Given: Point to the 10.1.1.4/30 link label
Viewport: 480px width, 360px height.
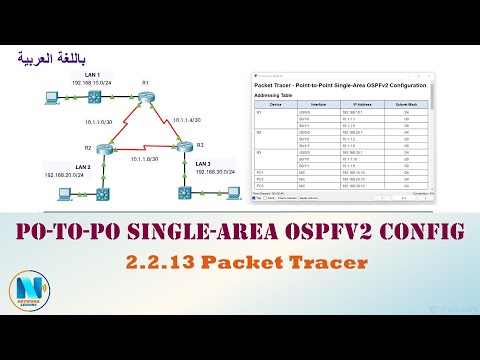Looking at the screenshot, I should pyautogui.click(x=191, y=121).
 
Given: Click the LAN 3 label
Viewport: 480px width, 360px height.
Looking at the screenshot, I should pyautogui.click(x=203, y=161).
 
